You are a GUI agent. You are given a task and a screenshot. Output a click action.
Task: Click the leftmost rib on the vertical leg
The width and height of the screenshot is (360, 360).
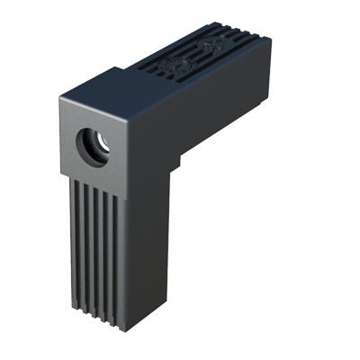tap(74, 243)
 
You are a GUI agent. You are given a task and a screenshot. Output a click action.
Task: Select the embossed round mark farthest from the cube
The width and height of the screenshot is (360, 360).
tap(213, 44)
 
